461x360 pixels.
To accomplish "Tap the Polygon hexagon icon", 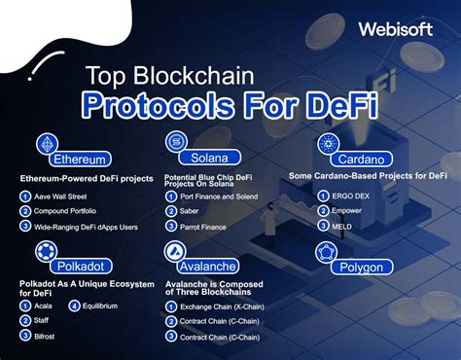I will pos(327,252).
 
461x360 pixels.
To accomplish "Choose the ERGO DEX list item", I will pos(354,196).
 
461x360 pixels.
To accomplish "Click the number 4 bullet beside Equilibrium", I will pos(74,306).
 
